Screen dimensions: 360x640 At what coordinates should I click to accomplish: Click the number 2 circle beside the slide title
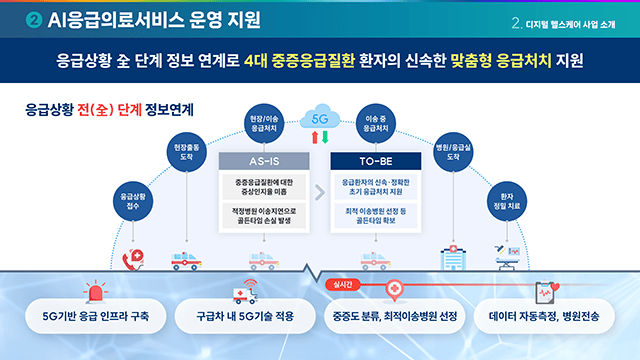(x=34, y=19)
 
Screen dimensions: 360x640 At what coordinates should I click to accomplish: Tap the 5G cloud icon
(x=320, y=118)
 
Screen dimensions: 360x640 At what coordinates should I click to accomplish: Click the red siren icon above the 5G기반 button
(x=97, y=293)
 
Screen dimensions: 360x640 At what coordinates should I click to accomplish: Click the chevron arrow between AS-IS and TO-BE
(x=320, y=196)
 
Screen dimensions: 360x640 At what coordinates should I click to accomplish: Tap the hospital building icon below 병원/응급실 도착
(x=451, y=258)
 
